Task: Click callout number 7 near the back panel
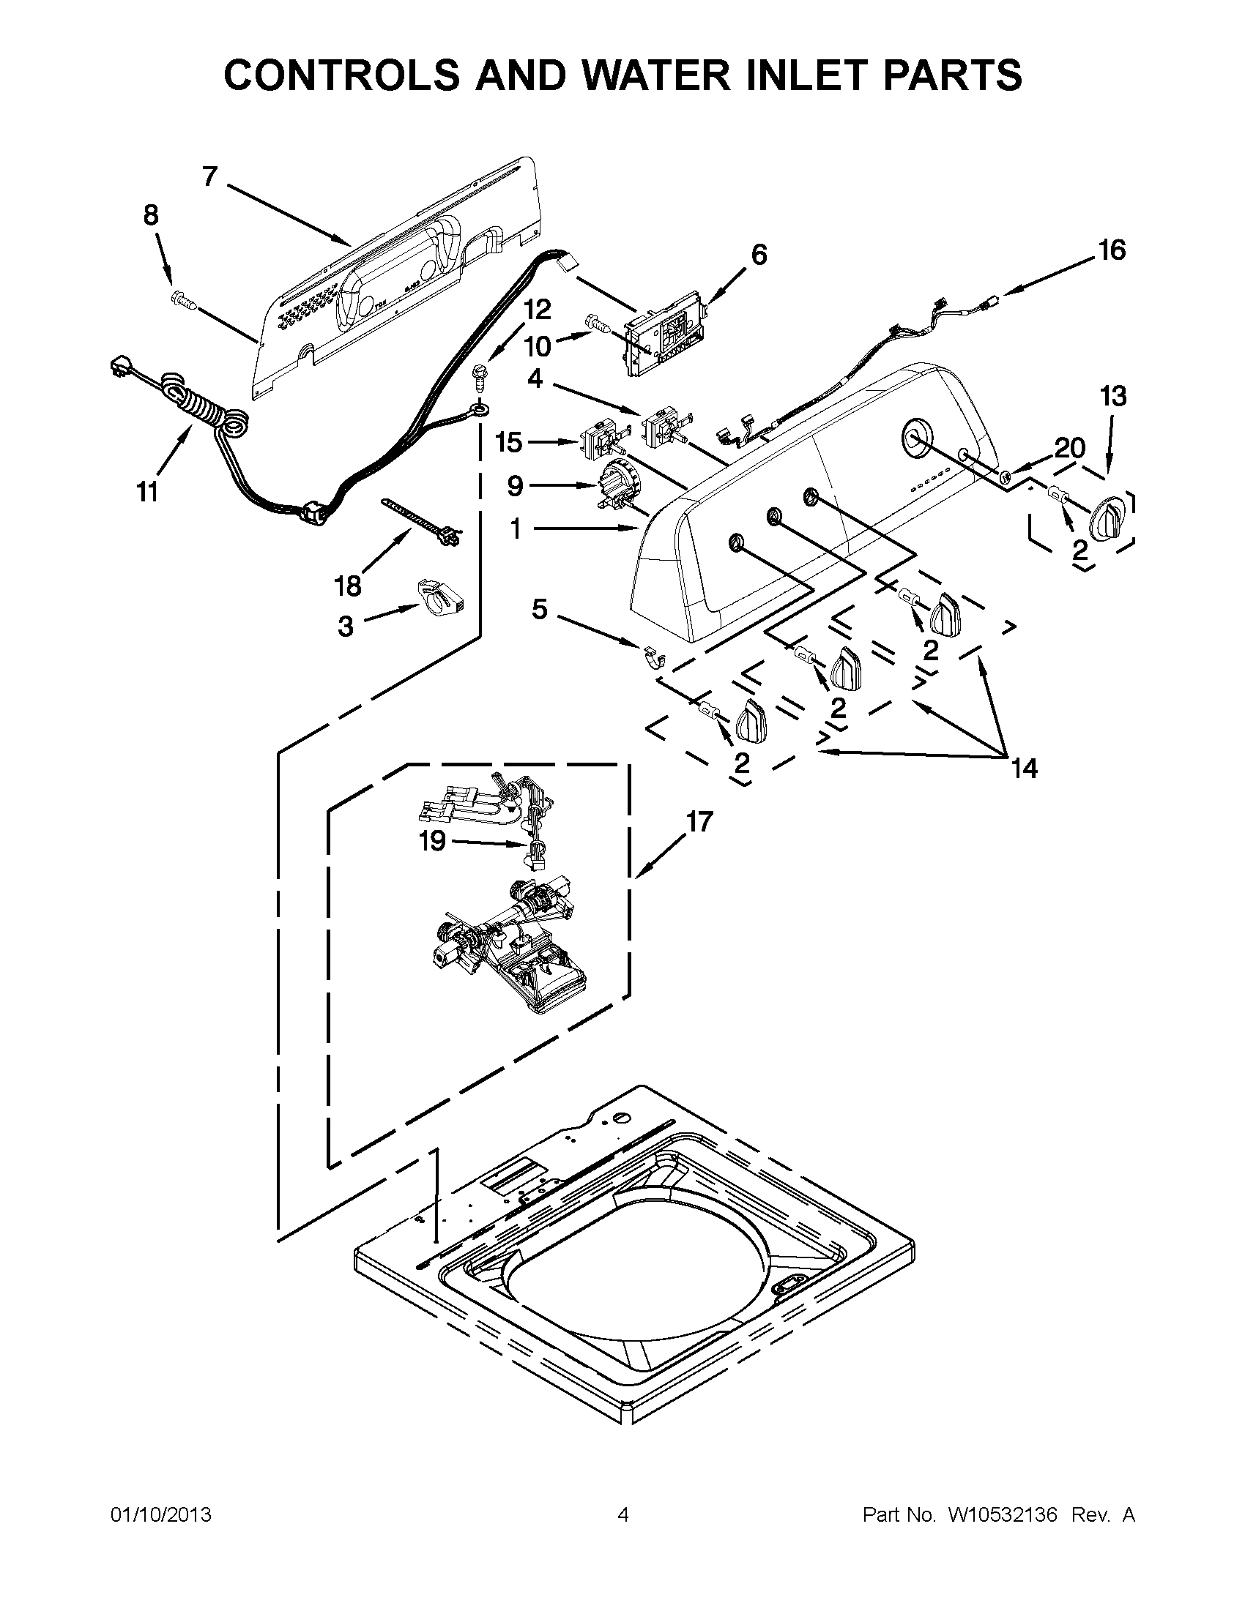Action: pyautogui.click(x=209, y=177)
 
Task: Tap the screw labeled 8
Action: pyautogui.click(x=182, y=300)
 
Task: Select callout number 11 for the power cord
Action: pyautogui.click(x=148, y=491)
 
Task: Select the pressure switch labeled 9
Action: pyautogui.click(x=616, y=487)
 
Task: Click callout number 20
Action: pyautogui.click(x=1069, y=447)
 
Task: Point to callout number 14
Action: pyautogui.click(x=1025, y=769)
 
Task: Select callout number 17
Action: pyautogui.click(x=699, y=821)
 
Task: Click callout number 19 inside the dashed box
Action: pyautogui.click(x=433, y=840)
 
